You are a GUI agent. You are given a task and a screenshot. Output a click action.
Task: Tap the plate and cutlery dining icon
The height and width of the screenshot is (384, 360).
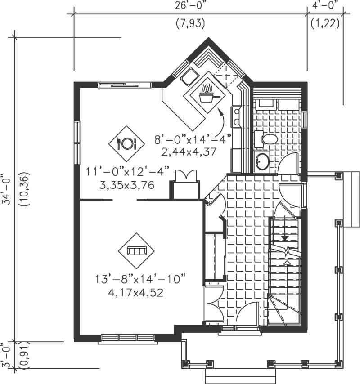(x=126, y=143)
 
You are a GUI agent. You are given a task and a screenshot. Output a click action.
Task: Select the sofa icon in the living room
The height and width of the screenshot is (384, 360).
(x=136, y=250)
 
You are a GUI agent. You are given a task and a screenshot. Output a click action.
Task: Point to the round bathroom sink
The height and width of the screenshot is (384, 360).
(x=262, y=161)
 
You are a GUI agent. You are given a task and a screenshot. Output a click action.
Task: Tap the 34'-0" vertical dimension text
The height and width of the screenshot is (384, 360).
(x=5, y=189)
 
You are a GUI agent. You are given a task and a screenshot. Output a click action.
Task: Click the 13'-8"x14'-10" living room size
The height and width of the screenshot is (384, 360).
(x=140, y=279)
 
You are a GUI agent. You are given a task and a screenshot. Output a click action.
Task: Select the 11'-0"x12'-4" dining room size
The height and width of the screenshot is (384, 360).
(x=127, y=171)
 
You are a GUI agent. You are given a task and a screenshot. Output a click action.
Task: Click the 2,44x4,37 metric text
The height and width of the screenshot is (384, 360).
(x=189, y=152)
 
